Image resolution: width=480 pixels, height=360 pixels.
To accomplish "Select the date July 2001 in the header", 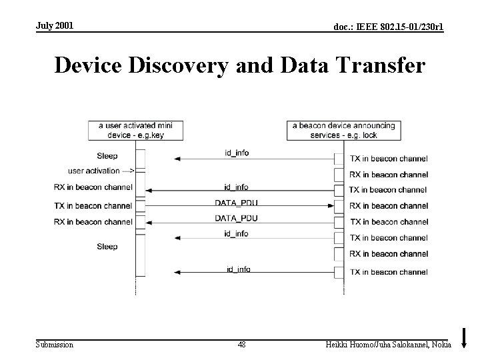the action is click(x=55, y=25).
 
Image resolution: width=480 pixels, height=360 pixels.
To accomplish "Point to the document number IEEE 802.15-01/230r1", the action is click(x=388, y=27).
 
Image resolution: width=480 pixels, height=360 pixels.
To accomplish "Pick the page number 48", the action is click(x=241, y=344).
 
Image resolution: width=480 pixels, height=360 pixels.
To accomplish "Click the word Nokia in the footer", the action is click(x=441, y=344).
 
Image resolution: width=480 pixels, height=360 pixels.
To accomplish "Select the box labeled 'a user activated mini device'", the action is click(x=136, y=130).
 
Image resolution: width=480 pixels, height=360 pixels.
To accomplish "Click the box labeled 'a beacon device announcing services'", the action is click(x=343, y=130).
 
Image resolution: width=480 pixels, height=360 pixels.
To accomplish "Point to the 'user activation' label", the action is click(x=94, y=171).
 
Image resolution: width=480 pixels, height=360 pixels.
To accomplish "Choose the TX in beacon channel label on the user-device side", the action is click(x=93, y=206).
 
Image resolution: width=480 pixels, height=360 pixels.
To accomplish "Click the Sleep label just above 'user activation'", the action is click(x=107, y=156).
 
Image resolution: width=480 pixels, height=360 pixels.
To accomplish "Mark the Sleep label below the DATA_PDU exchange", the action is click(x=107, y=247).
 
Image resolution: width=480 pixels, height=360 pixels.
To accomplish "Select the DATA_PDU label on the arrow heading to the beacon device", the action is click(x=236, y=202).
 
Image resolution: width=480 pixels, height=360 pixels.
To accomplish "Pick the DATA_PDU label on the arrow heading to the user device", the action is click(x=236, y=218).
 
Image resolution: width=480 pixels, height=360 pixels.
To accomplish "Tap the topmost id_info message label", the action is click(x=237, y=153).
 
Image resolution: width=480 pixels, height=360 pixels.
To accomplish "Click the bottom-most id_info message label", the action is click(x=238, y=269).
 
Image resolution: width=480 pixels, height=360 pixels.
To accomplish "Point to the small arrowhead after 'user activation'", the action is click(x=131, y=171).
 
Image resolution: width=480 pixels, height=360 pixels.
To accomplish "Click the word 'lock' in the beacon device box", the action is click(x=370, y=135).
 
